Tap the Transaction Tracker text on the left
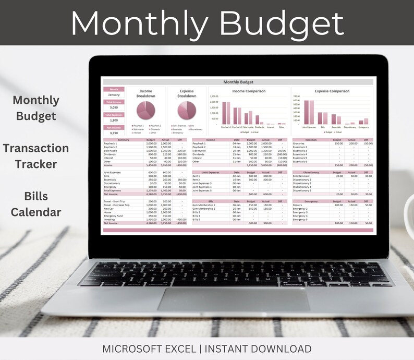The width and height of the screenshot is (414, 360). pyautogui.click(x=35, y=156)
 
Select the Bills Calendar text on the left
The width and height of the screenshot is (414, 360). pyautogui.click(x=35, y=204)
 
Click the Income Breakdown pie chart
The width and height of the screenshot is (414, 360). pyautogui.click(x=145, y=111)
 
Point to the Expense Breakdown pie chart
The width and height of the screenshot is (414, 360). pyautogui.click(x=187, y=111)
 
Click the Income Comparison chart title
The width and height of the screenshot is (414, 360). pyautogui.click(x=248, y=91)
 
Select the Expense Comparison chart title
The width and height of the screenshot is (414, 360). pyautogui.click(x=332, y=91)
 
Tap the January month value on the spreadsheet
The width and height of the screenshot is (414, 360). pyautogui.click(x=114, y=95)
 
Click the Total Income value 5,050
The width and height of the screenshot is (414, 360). pyautogui.click(x=114, y=107)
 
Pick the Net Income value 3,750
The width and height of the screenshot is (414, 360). pyautogui.click(x=114, y=133)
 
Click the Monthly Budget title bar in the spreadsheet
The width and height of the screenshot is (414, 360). pyautogui.click(x=238, y=82)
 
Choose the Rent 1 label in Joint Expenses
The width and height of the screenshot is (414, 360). pyautogui.click(x=197, y=176)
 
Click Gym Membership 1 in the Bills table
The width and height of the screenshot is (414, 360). pyautogui.click(x=203, y=205)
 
